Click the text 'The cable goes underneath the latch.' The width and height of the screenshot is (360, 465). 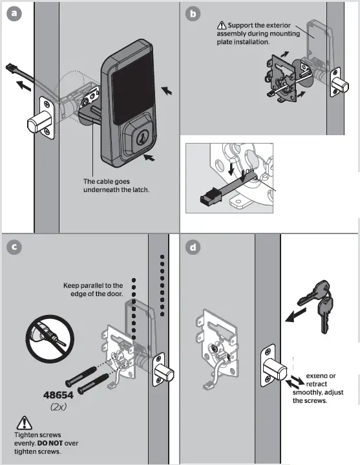(x=116, y=186)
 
